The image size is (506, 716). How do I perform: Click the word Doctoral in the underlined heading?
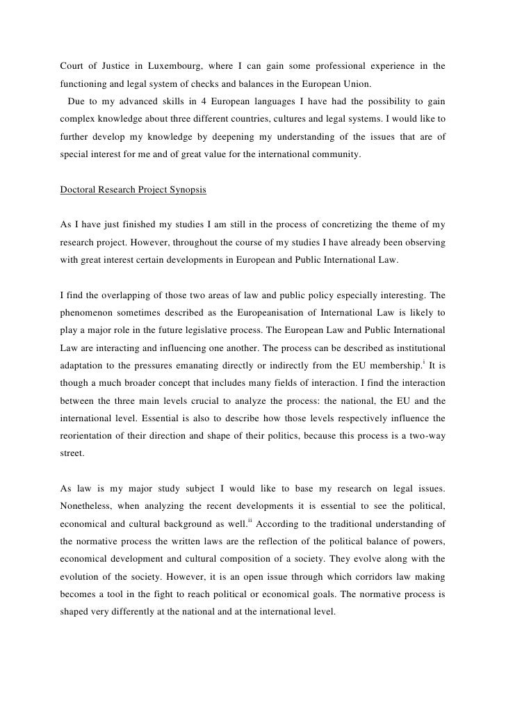click(x=79, y=190)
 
